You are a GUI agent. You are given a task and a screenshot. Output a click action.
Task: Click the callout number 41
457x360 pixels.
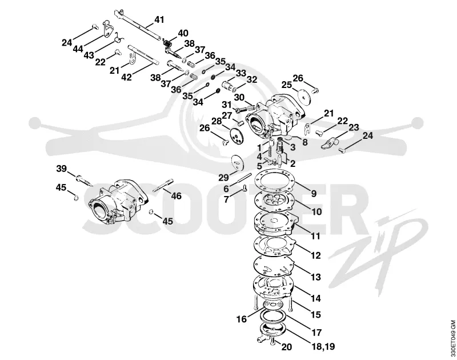pyautogui.click(x=159, y=20)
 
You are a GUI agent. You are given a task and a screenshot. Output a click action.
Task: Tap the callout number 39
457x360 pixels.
pyautogui.click(x=61, y=169)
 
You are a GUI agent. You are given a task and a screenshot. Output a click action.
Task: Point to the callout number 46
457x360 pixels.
pyautogui.click(x=177, y=196)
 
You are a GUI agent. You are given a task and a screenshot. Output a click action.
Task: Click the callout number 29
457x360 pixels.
pyautogui.click(x=224, y=178)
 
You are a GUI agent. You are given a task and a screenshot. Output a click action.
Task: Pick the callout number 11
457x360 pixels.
pyautogui.click(x=315, y=235)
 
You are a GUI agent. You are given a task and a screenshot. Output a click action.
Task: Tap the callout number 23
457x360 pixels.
pyautogui.click(x=354, y=127)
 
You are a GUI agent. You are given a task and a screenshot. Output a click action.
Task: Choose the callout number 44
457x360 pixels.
pyautogui.click(x=78, y=49)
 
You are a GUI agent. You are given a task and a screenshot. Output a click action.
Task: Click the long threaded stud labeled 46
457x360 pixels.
pyautogui.click(x=163, y=185)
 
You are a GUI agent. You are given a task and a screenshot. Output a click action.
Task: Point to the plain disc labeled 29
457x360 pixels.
pyautogui.click(x=238, y=163)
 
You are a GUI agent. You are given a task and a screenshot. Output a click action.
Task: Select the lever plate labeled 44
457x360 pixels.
pyautogui.click(x=109, y=29)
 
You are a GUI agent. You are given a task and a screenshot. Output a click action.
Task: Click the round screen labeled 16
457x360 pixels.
pyautogui.click(x=273, y=305)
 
